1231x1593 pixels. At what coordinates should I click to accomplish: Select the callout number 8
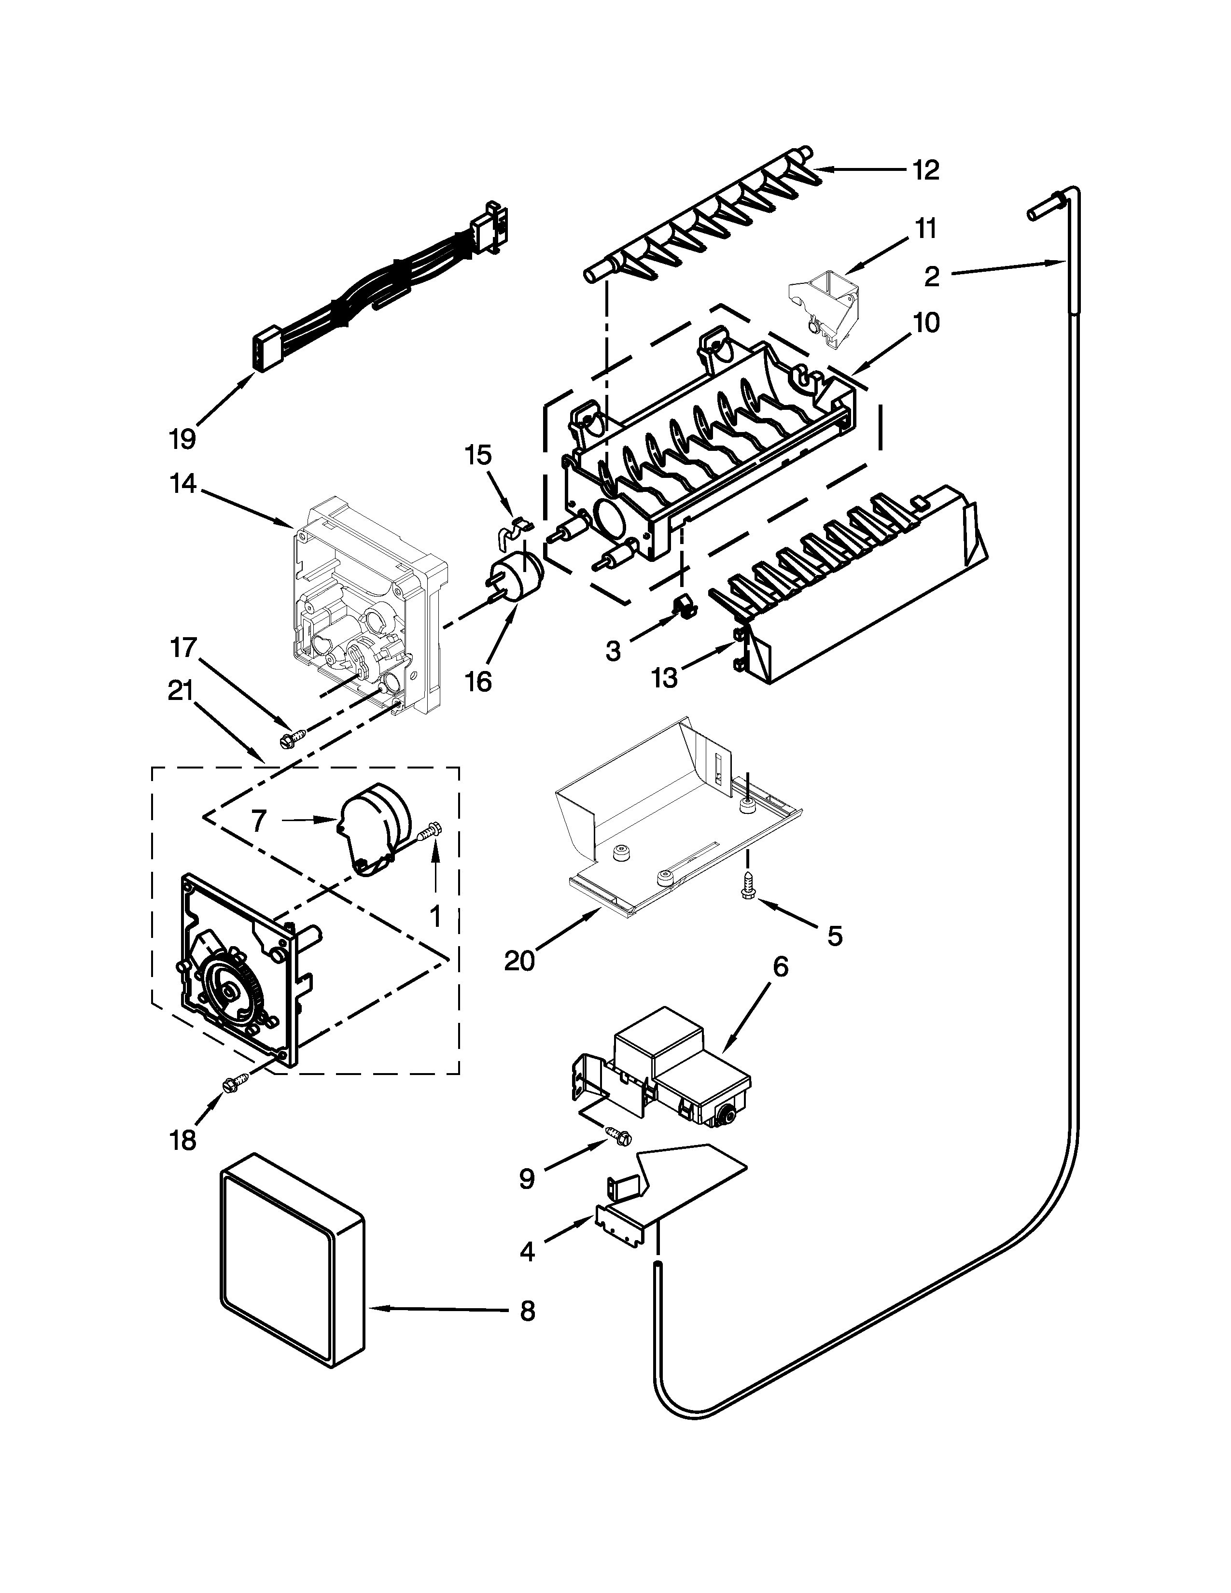(x=527, y=1311)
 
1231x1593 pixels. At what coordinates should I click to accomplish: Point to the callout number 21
(x=180, y=690)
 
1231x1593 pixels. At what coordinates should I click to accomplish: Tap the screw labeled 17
(x=286, y=740)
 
